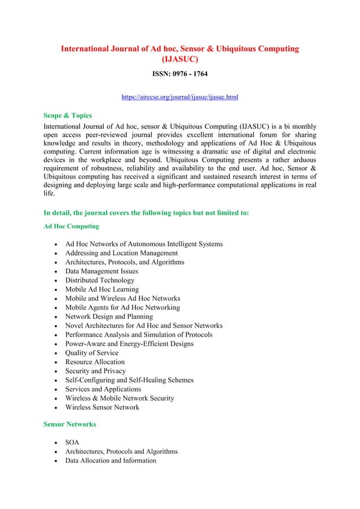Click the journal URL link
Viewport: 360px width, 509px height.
(x=180, y=97)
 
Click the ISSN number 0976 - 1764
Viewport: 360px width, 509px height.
(x=180, y=73)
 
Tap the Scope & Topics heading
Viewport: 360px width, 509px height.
(x=68, y=116)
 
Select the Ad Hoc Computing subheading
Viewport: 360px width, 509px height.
(x=71, y=226)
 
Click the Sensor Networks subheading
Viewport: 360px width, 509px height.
(x=69, y=424)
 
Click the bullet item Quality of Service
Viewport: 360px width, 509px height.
(x=91, y=353)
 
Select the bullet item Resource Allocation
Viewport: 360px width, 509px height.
(x=95, y=362)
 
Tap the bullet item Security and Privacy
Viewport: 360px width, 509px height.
(x=95, y=371)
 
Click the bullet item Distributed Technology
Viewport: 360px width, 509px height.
(x=100, y=280)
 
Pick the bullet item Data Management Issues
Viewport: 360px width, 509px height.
(x=102, y=271)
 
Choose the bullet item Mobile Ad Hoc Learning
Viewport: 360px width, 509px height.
(x=102, y=289)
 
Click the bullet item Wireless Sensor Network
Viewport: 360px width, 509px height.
(x=102, y=407)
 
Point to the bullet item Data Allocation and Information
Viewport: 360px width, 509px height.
(x=111, y=460)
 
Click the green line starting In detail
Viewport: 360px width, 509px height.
(x=146, y=213)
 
